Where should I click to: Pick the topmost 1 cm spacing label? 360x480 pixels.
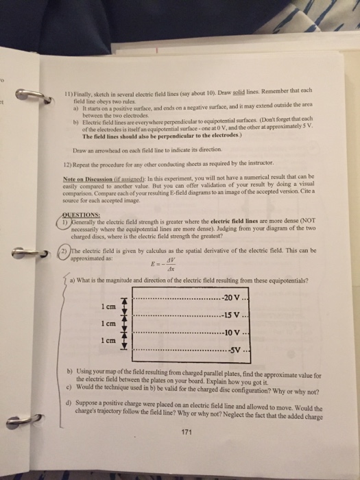pos(106,307)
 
